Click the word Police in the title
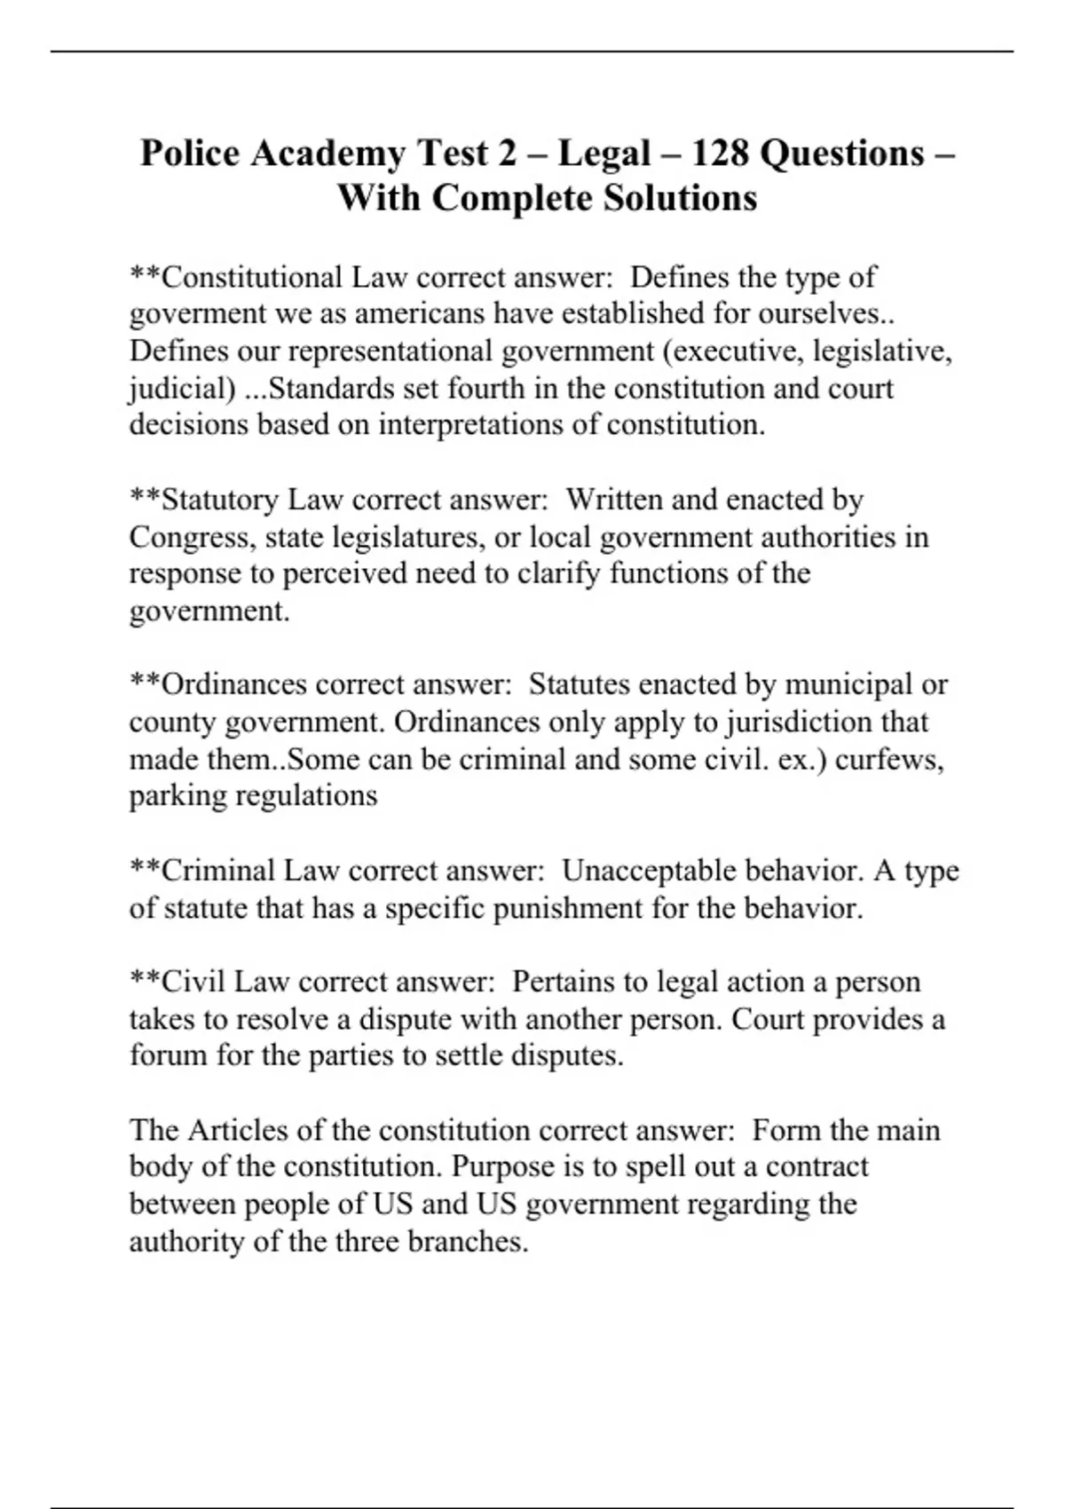190,154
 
